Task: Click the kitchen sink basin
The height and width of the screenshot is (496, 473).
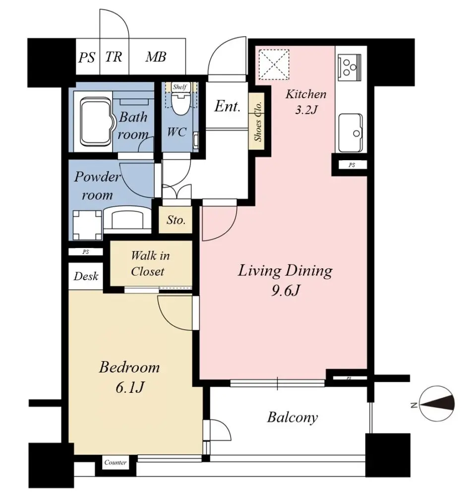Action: (351, 132)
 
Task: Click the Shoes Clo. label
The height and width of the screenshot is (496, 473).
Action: (258, 121)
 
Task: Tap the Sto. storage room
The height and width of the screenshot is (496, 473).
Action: (176, 220)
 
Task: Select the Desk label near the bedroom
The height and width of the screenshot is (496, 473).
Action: (86, 276)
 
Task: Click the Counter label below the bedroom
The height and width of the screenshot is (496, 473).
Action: (116, 462)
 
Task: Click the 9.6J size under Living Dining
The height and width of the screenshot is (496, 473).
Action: (286, 290)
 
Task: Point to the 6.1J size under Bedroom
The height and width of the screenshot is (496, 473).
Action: (129, 387)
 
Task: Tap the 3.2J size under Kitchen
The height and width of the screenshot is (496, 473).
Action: (306, 110)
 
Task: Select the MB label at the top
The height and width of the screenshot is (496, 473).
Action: (156, 57)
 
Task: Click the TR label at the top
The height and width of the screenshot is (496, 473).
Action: (114, 57)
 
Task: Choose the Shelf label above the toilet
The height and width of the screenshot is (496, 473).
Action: (180, 87)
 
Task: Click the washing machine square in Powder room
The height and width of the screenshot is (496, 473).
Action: (87, 225)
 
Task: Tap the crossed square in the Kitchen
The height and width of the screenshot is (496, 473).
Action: (274, 63)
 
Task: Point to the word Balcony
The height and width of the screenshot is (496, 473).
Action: (293, 418)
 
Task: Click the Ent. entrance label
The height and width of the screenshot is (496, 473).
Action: (228, 106)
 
